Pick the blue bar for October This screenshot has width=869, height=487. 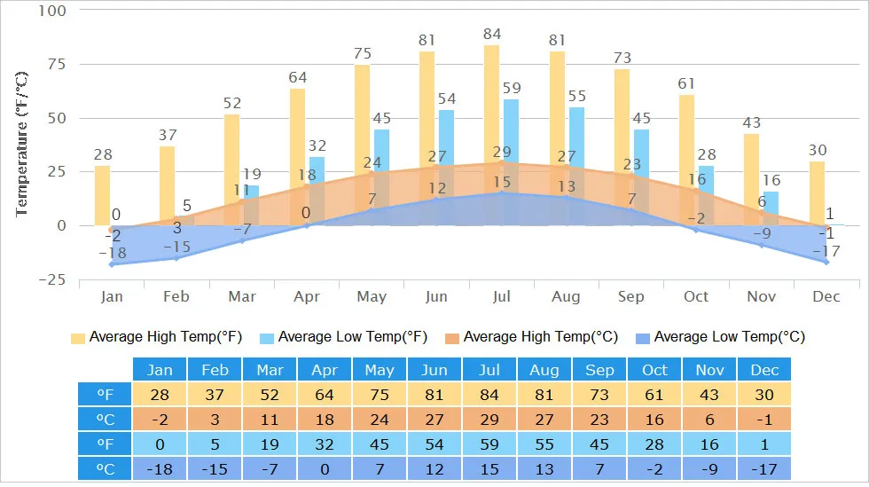(706, 191)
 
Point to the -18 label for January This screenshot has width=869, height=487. (112, 253)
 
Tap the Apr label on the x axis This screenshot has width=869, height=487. (307, 296)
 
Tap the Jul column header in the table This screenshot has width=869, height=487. (489, 370)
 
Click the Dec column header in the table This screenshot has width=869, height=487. (763, 370)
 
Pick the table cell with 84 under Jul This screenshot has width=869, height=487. (489, 395)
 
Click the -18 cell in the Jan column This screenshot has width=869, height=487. (160, 468)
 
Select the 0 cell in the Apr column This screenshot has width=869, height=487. (325, 468)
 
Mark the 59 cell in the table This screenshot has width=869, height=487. (489, 444)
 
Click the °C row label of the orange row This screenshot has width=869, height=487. (105, 420)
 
